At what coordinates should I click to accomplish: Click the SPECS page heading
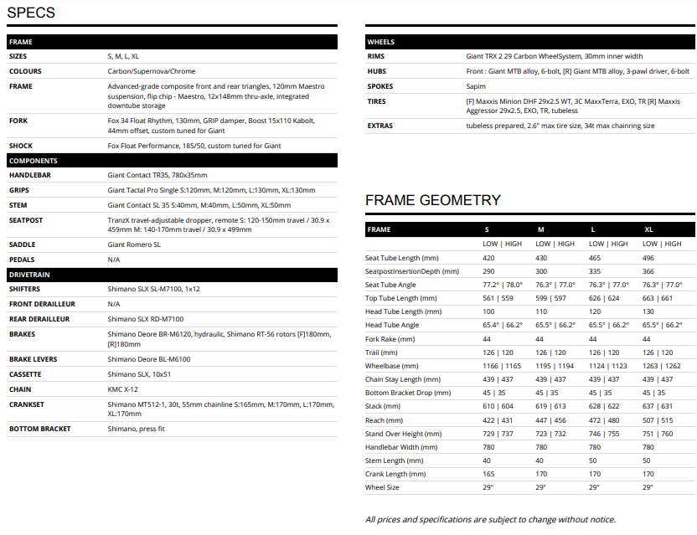pos(31,13)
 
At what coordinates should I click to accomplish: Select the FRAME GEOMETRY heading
pos(432,200)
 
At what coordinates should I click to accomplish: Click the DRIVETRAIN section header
pos(30,275)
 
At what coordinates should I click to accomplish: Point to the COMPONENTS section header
pos(34,160)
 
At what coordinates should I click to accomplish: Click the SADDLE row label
pos(23,244)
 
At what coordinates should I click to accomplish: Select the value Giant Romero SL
pos(134,244)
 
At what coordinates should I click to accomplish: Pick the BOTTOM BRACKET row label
pos(40,429)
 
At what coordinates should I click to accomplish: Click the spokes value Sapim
pos(476,86)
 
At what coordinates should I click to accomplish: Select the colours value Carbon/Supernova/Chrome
pos(152,71)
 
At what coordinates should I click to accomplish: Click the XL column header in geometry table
pos(648,229)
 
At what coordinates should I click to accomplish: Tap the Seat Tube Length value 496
pos(648,258)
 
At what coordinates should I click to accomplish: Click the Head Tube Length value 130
pos(648,311)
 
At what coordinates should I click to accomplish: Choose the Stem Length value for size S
pos(487,460)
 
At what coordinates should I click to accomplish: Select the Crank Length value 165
pos(488,473)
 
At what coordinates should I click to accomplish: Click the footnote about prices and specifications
pos(490,519)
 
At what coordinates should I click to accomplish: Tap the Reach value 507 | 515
pos(657,419)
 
